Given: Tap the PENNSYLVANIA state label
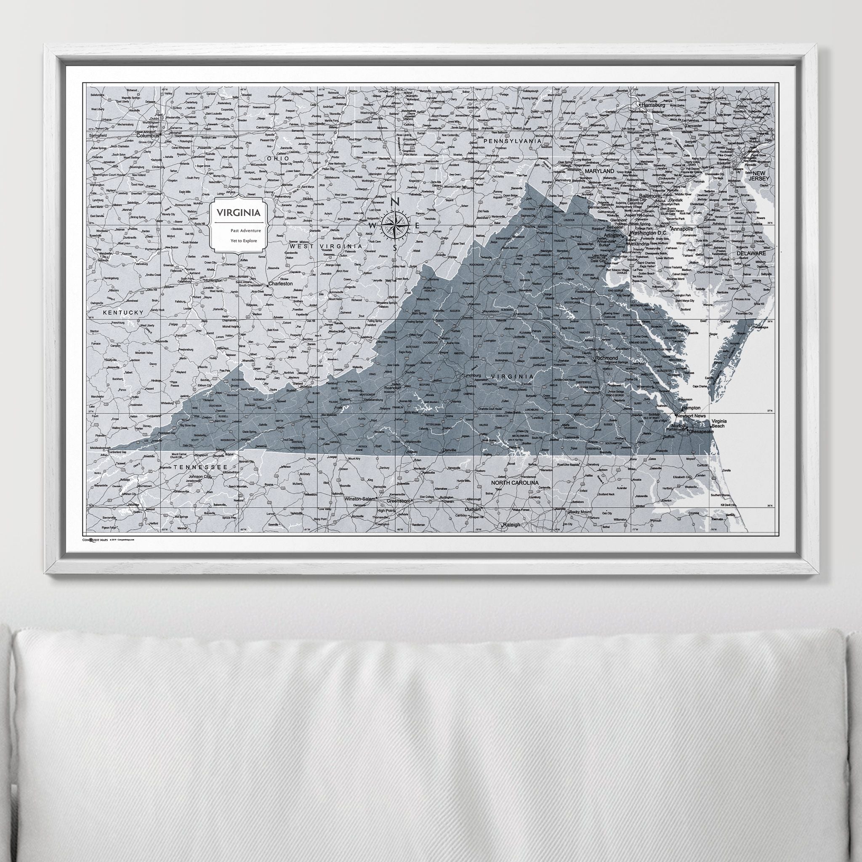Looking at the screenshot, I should pyautogui.click(x=513, y=141).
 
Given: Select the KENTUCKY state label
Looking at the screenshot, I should pyautogui.click(x=124, y=313).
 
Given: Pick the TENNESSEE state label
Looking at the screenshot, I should pyautogui.click(x=201, y=466).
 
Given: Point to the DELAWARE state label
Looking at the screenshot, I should pyautogui.click(x=751, y=253).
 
